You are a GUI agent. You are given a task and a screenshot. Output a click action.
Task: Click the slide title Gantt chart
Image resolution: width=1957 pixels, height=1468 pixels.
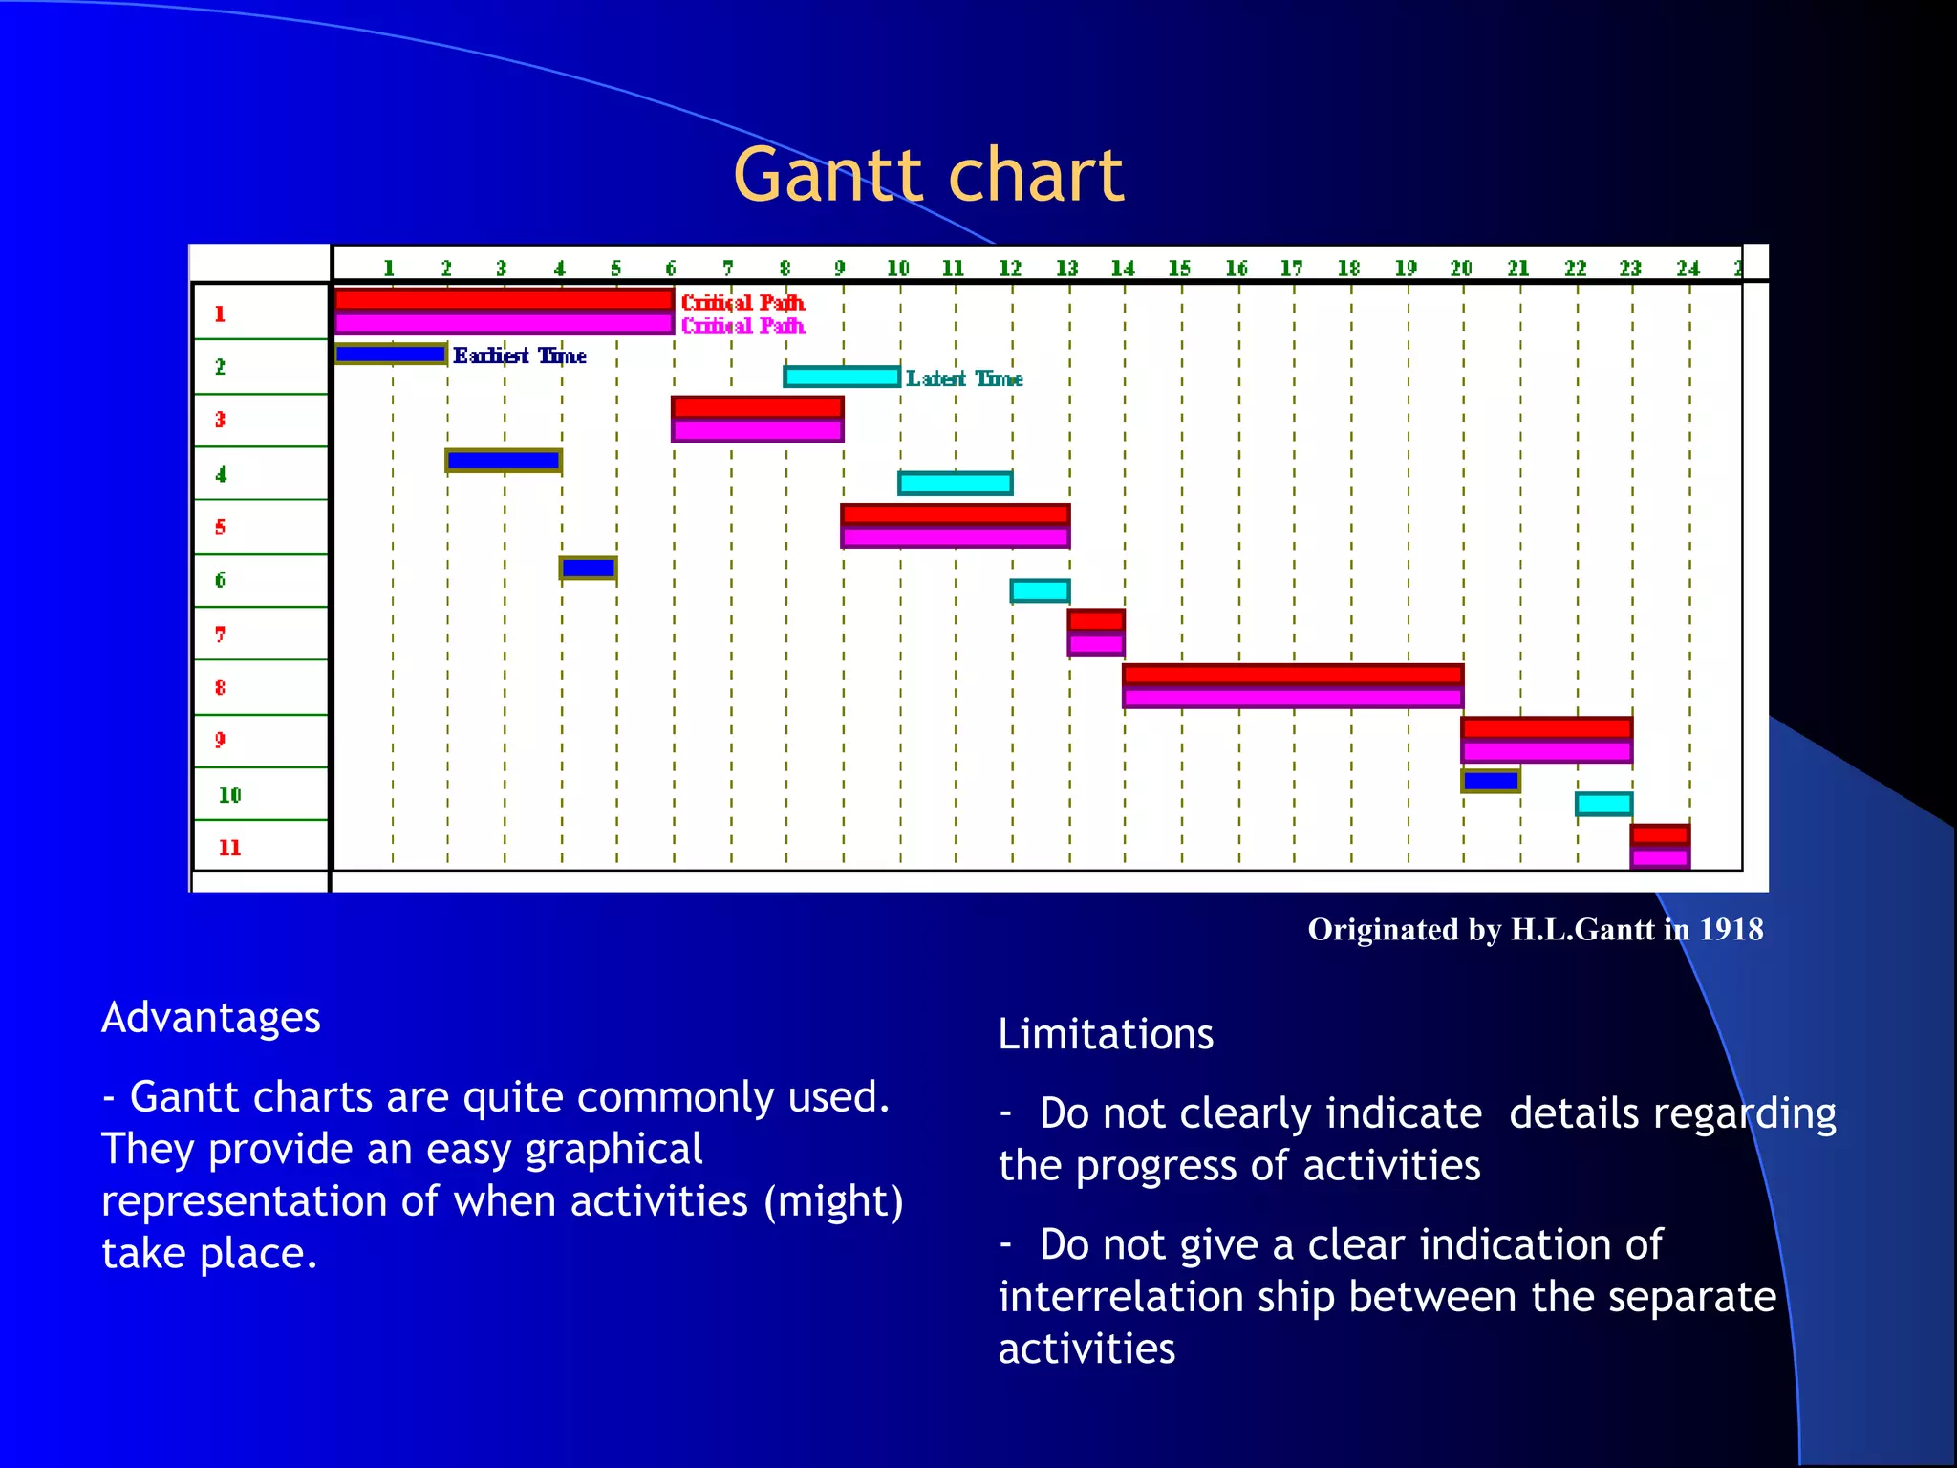coord(928,176)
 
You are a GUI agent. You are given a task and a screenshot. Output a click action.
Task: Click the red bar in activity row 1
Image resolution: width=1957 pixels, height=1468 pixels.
coord(504,300)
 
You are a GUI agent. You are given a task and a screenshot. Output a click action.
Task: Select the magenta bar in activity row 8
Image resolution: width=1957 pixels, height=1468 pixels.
coord(1292,698)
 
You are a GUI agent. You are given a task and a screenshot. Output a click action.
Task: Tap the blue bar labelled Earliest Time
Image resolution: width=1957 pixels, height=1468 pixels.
coord(391,355)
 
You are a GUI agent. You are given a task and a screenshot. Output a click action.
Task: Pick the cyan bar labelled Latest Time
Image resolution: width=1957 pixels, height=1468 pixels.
coord(841,377)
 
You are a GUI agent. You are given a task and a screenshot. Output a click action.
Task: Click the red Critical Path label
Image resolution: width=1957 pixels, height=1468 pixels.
coord(742,302)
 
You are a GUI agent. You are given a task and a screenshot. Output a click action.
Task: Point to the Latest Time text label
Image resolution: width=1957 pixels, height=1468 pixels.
coord(964,378)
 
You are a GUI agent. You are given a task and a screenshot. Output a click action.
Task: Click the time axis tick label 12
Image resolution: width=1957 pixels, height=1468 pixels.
coord(1010,269)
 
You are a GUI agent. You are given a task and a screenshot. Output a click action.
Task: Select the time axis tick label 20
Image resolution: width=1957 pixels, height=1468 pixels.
coord(1461,269)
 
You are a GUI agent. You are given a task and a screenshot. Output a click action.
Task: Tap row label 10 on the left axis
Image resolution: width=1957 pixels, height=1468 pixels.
coord(229,795)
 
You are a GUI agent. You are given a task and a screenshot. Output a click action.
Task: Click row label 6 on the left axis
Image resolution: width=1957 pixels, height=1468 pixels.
coord(221,580)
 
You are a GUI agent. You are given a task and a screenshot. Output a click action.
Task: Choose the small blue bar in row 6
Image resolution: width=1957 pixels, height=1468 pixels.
coord(588,569)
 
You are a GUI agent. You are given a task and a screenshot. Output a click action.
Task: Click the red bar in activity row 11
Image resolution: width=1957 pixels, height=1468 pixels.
coord(1660,834)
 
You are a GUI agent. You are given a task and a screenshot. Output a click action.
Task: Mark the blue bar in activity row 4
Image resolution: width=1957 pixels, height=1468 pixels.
coord(504,461)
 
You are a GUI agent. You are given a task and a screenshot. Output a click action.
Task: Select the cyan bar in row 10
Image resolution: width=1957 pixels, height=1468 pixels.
coord(1603,804)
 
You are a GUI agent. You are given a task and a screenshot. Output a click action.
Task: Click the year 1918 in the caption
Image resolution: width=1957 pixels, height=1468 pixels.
coord(1731,929)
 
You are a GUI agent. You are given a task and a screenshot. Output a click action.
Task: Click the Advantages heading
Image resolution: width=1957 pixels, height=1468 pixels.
coord(211,1017)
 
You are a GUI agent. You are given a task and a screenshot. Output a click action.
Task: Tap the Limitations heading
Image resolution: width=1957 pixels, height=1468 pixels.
coord(1106,1034)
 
